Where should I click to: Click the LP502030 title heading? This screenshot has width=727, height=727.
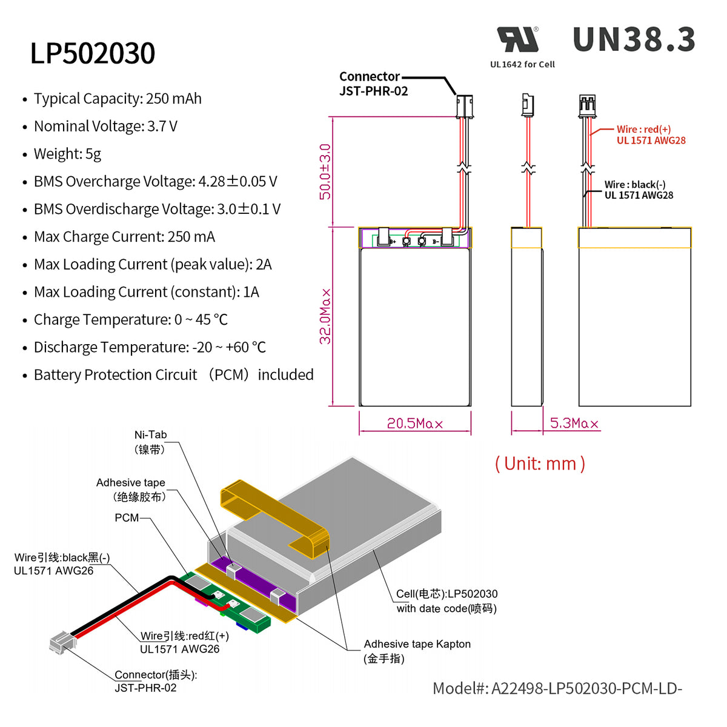[x=93, y=53]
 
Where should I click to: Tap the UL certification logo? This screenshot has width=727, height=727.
[x=518, y=40]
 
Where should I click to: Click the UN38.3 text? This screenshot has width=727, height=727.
[x=634, y=40]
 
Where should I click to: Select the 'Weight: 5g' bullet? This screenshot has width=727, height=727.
[x=67, y=154]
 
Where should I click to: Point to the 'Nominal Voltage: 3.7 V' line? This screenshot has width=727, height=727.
[x=105, y=126]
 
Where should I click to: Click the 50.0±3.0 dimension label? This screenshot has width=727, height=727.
[x=325, y=171]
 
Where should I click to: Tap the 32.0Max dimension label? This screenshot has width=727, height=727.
[x=325, y=316]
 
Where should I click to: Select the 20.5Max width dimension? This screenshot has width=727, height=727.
[x=414, y=423]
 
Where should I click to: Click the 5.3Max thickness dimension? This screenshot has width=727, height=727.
[x=574, y=423]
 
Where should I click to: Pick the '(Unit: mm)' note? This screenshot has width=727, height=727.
[x=540, y=463]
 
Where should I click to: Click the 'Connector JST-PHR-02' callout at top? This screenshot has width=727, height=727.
[x=373, y=84]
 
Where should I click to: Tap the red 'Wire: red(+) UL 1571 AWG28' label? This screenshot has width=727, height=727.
[x=651, y=134]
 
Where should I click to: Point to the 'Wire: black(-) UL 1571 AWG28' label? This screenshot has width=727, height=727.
[x=639, y=190]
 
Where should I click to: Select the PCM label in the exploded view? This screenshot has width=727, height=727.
[x=127, y=518]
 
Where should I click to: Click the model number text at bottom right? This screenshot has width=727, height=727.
[x=557, y=688]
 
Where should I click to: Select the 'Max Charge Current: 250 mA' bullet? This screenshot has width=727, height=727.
[x=124, y=237]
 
